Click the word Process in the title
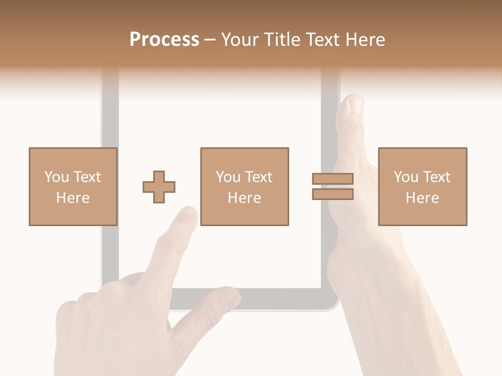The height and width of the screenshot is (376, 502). click(164, 40)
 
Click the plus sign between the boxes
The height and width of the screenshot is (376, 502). click(159, 186)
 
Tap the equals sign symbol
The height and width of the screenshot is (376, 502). click(333, 186)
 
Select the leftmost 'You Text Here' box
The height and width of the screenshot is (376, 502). click(73, 186)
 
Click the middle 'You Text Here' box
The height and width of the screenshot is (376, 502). click(244, 186)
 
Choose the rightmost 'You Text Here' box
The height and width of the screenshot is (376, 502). click(422, 186)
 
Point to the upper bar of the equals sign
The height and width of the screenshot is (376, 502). click(333, 179)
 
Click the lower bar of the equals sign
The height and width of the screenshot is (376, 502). click(333, 194)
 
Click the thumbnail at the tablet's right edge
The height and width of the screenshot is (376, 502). click(355, 103)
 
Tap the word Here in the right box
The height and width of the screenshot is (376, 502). click(422, 198)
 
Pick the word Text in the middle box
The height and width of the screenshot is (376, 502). click(258, 177)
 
